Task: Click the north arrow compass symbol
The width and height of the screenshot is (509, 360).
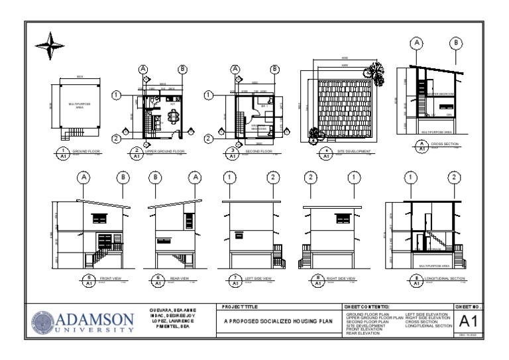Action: click(x=50, y=46)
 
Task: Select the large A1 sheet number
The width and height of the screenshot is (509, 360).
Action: click(x=468, y=323)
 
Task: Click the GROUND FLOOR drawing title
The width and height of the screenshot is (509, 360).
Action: click(x=85, y=151)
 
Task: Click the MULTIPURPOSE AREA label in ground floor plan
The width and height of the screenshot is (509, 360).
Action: click(x=78, y=105)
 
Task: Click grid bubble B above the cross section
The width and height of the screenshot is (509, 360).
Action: click(x=457, y=44)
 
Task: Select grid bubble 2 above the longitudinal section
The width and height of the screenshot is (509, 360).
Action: click(x=453, y=178)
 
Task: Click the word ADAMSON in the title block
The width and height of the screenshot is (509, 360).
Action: click(x=97, y=318)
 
